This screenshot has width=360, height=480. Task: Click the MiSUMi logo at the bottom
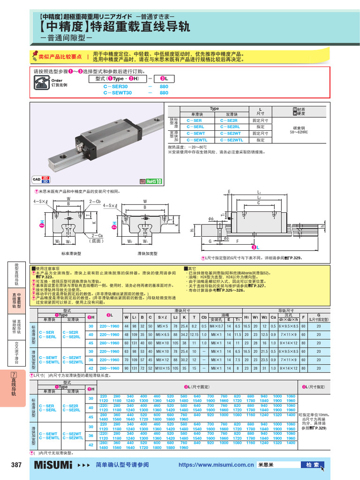coord(53,465)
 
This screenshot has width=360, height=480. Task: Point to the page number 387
coord(16,465)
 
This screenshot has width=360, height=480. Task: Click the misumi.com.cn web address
coord(216,465)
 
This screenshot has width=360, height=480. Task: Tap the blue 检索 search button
coord(313,465)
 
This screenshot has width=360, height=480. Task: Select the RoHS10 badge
coord(151,181)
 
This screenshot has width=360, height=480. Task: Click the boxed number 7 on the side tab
coord(14,375)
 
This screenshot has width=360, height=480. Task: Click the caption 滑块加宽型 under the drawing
coord(147,253)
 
